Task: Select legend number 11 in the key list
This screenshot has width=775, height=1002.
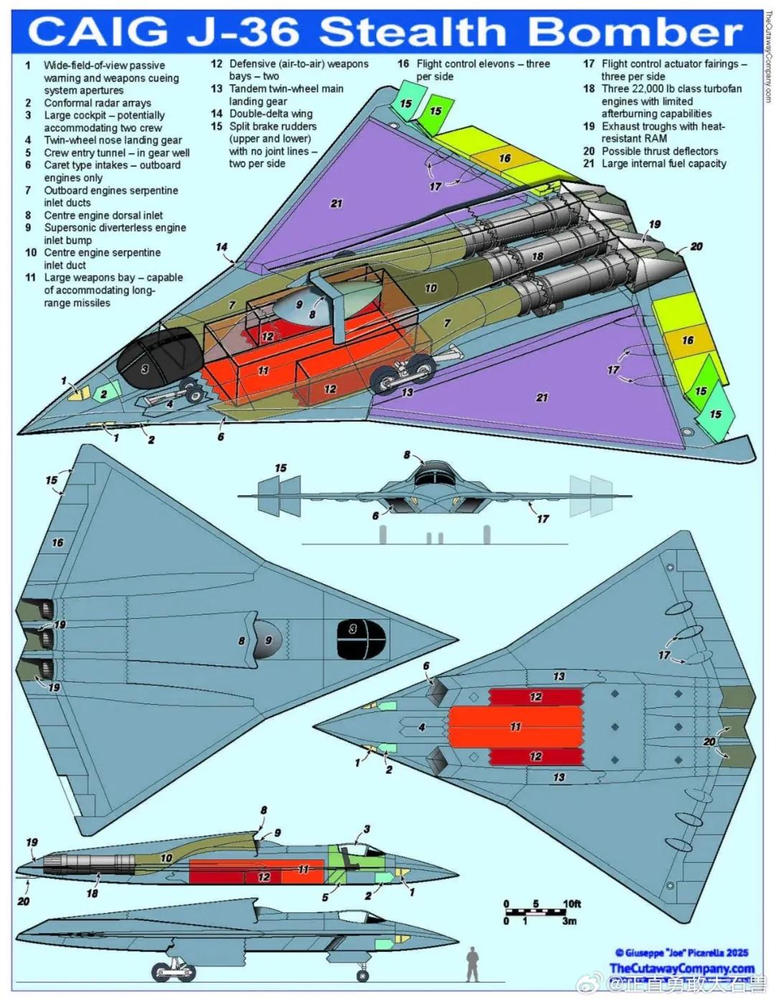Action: (31, 278)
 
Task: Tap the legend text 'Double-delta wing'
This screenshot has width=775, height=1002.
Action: (271, 113)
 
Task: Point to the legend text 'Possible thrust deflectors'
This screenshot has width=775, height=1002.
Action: (659, 151)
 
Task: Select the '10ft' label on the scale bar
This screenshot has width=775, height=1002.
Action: (571, 904)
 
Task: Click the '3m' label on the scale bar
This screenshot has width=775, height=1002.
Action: (569, 920)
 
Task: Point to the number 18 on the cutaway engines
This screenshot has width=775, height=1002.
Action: (537, 256)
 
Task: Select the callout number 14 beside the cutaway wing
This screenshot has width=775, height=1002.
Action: (222, 248)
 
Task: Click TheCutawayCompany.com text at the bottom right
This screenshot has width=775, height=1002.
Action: (681, 968)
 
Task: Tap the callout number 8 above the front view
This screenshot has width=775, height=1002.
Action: (408, 455)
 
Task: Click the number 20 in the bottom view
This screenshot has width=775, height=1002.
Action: (709, 741)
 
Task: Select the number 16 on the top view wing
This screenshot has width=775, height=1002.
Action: (57, 543)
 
